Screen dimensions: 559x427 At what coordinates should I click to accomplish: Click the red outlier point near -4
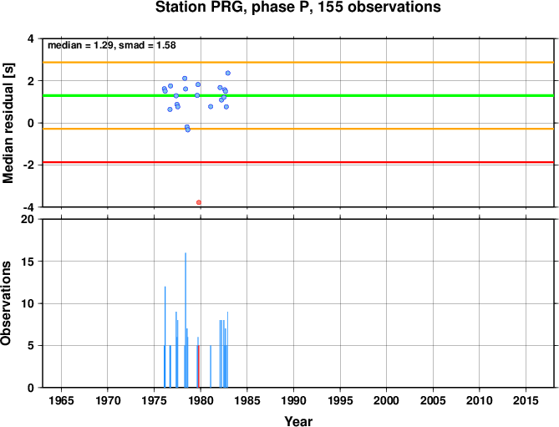click(x=199, y=202)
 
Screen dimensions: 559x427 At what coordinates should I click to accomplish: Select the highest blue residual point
click(x=228, y=73)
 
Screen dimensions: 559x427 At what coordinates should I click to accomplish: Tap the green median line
click(x=298, y=95)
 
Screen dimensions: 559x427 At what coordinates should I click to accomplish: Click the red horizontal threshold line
click(x=298, y=162)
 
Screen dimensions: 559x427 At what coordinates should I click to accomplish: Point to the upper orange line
click(x=298, y=63)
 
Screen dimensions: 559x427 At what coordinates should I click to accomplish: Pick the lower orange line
click(x=298, y=129)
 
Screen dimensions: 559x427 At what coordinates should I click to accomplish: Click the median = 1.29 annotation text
click(x=80, y=45)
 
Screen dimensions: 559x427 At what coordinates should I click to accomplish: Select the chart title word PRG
click(x=232, y=7)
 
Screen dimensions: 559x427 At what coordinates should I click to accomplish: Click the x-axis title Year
click(x=298, y=421)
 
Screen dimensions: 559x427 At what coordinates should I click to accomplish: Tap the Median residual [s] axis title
click(x=8, y=123)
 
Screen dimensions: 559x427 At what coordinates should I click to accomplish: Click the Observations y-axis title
click(x=6, y=303)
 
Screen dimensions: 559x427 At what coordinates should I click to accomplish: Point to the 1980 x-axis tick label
click(x=201, y=400)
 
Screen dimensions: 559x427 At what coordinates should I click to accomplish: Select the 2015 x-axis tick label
click(x=526, y=400)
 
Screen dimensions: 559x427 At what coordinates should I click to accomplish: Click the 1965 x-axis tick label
click(x=61, y=400)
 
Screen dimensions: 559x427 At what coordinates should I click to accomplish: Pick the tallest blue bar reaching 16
click(x=185, y=320)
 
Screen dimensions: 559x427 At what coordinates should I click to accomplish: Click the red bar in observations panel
click(x=199, y=366)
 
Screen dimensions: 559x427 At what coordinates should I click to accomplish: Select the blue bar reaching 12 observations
click(x=165, y=337)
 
